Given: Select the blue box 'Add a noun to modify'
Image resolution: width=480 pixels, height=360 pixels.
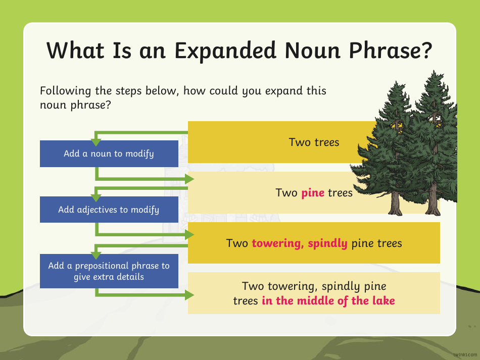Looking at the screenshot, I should pyautogui.click(x=109, y=153).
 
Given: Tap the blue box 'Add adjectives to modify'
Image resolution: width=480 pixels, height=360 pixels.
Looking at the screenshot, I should pyautogui.click(x=109, y=209).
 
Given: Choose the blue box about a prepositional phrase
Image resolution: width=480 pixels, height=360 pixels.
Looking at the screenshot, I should pyautogui.click(x=109, y=271).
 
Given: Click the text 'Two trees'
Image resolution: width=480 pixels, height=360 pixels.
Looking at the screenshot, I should pyautogui.click(x=314, y=142).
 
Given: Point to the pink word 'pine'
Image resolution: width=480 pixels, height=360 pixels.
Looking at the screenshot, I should pyautogui.click(x=313, y=192).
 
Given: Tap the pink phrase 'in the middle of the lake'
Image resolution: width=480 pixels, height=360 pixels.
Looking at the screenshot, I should pyautogui.click(x=328, y=301).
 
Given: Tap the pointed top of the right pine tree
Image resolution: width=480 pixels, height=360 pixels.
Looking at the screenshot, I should pyautogui.click(x=433, y=73).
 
